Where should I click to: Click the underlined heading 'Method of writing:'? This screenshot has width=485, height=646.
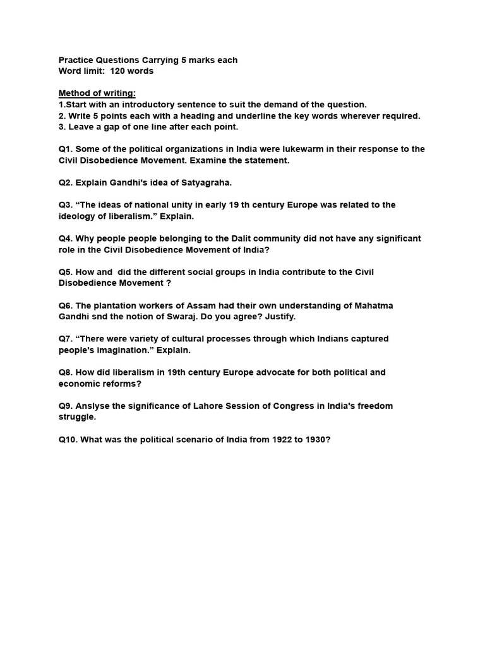pos(97,93)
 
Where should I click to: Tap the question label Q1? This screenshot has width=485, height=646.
pos(66,150)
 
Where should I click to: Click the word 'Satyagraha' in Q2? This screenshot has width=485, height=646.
pos(208,183)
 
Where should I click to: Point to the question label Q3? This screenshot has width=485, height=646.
pos(66,205)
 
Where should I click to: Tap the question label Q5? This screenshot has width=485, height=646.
pos(66,272)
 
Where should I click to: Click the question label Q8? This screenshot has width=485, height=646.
pos(66,372)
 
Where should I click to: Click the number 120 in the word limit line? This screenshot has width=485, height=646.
pos(117,71)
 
